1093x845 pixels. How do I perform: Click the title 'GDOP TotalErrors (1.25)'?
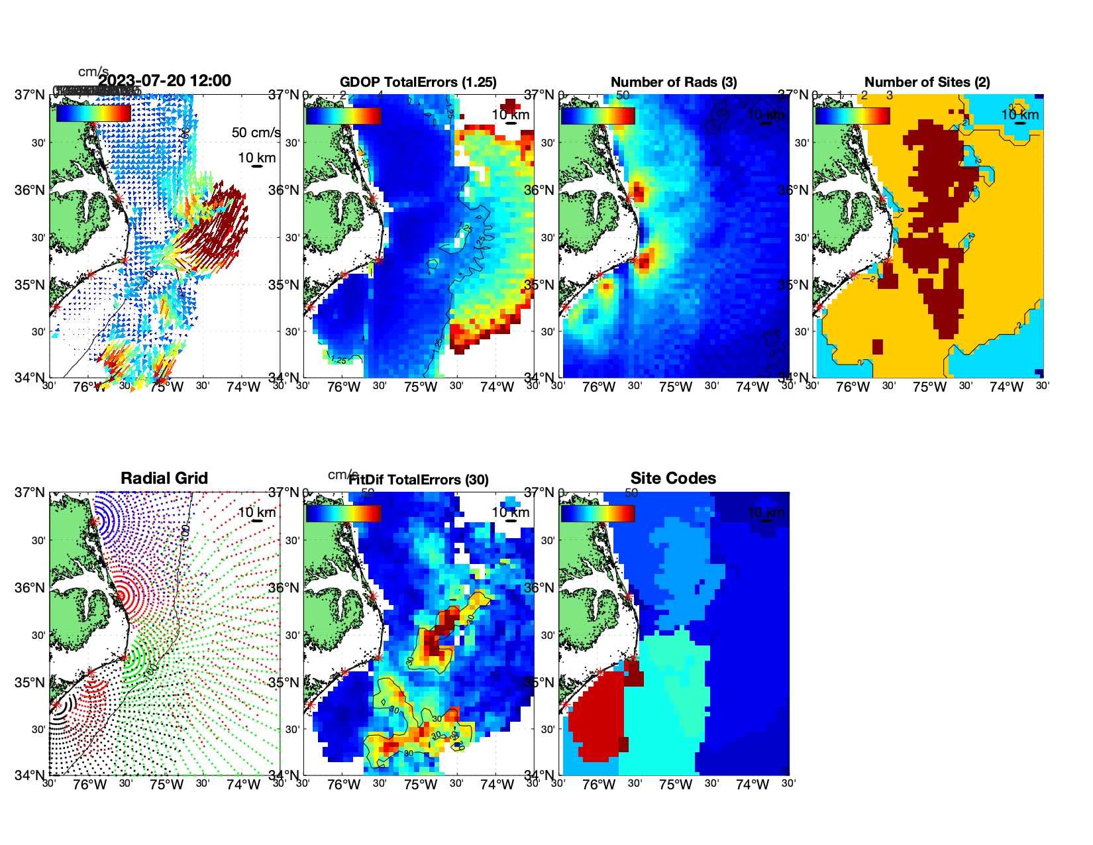click(x=418, y=82)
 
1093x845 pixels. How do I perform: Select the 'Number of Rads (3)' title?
click(x=674, y=82)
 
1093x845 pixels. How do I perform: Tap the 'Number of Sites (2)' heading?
click(x=927, y=82)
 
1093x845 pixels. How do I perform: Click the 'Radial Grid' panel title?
click(x=164, y=479)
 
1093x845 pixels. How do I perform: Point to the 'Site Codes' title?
click(x=673, y=479)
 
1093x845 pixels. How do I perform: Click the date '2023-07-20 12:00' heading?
click(x=165, y=81)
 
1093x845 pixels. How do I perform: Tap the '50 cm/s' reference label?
click(x=256, y=133)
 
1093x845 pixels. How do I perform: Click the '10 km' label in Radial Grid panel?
click(x=256, y=512)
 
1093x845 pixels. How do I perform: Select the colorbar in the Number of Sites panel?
click(x=853, y=115)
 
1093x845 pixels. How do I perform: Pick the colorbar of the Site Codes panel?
click(x=598, y=513)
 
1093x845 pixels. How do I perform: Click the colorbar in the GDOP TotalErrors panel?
click(x=343, y=115)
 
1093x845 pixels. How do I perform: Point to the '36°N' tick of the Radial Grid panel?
click(x=29, y=588)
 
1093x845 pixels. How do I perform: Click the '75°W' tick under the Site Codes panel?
click(x=675, y=785)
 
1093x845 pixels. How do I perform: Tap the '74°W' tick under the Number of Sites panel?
click(x=1006, y=387)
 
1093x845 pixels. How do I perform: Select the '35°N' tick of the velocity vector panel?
click(x=29, y=285)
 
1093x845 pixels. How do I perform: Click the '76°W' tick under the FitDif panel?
click(x=343, y=785)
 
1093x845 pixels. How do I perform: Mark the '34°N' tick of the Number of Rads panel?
click(x=539, y=378)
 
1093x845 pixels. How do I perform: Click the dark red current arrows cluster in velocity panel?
click(x=222, y=225)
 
